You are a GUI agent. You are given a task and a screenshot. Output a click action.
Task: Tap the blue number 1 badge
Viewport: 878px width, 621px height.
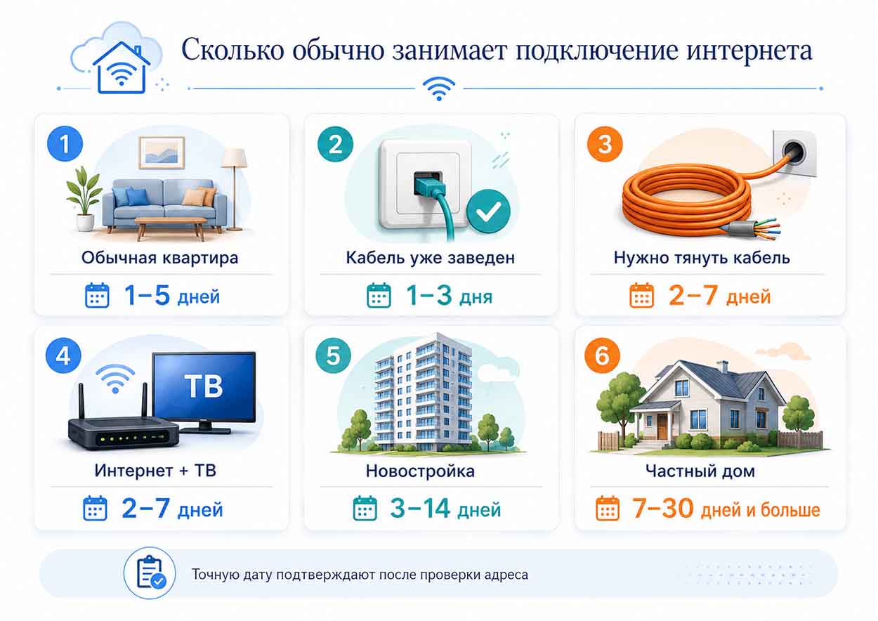click(x=65, y=143)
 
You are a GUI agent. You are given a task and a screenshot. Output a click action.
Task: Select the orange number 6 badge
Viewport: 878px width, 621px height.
click(x=602, y=355)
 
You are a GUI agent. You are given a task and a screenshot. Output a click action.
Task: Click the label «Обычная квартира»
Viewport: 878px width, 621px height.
click(x=160, y=258)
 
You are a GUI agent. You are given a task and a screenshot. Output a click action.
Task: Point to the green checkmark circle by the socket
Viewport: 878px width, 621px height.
click(x=488, y=211)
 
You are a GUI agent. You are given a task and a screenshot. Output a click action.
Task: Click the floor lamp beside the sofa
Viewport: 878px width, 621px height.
click(x=235, y=189)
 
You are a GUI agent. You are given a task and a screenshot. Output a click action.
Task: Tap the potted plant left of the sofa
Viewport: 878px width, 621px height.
click(x=84, y=199)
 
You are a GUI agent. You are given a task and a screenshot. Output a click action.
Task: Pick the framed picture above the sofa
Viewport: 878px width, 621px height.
click(x=162, y=152)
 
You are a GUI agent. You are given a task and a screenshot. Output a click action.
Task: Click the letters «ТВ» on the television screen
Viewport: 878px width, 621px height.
click(x=204, y=386)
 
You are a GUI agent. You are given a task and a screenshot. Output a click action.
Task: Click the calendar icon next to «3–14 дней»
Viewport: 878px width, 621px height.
click(x=365, y=508)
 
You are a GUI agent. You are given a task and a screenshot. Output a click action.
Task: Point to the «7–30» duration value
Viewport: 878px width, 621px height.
click(x=663, y=508)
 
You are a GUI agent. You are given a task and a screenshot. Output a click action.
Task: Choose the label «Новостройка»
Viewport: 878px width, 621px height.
click(x=420, y=471)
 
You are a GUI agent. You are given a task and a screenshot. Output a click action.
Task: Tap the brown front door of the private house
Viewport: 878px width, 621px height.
click(x=662, y=427)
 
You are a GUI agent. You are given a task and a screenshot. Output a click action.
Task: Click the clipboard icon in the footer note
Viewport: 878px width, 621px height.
click(x=150, y=573)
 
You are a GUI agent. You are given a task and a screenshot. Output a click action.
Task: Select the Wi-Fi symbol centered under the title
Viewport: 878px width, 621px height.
click(x=439, y=89)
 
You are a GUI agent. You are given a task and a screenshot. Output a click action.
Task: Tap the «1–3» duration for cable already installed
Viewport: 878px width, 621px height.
click(x=428, y=295)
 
